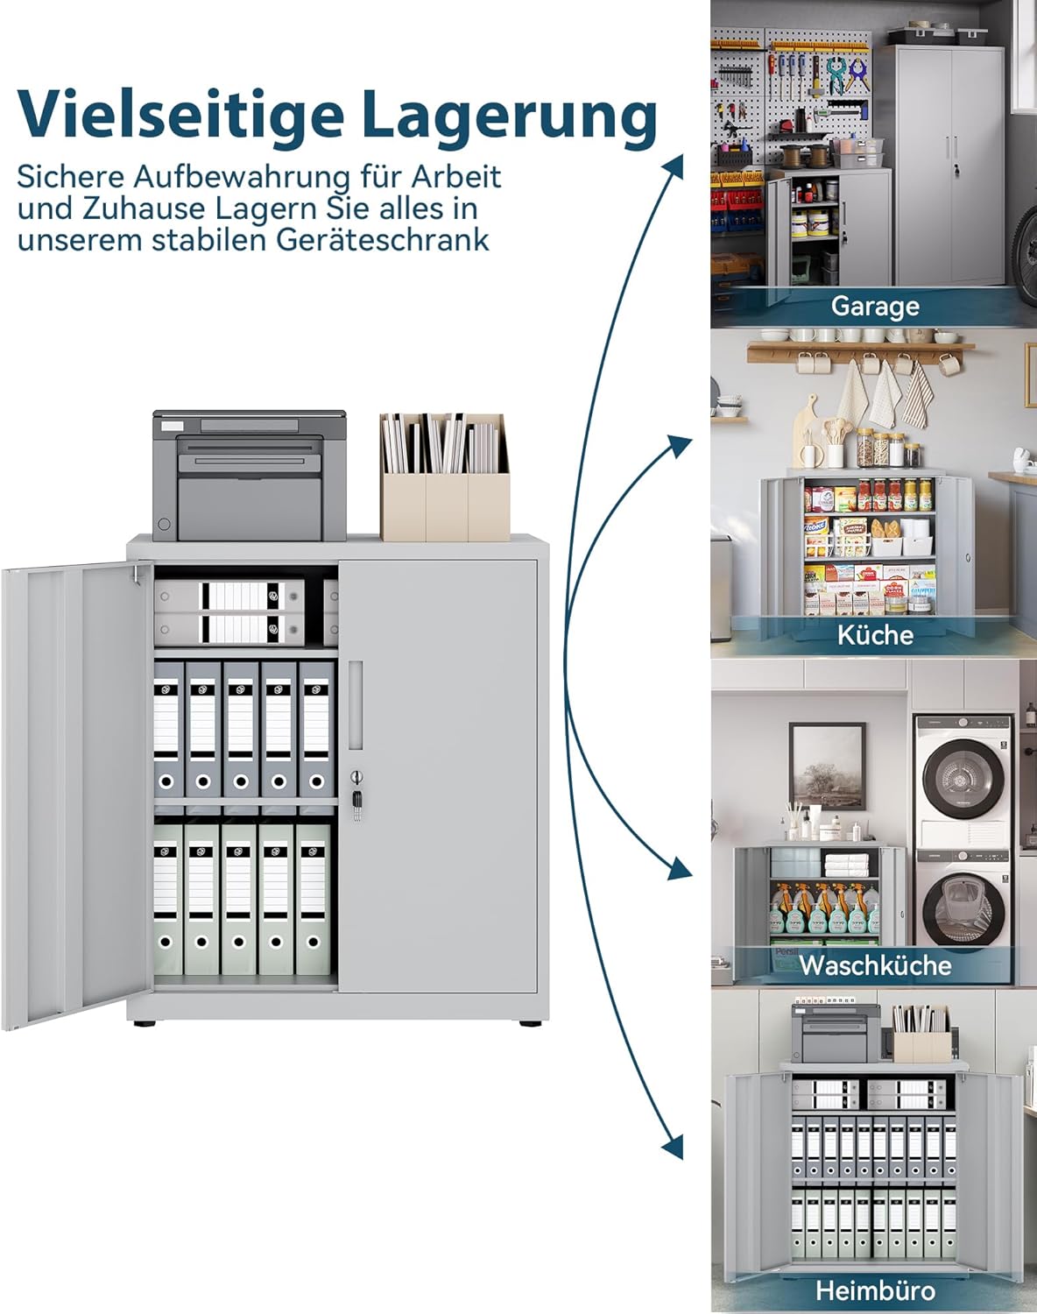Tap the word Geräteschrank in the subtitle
[x=383, y=240]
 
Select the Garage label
[x=875, y=306]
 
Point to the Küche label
[x=875, y=635]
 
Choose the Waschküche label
[x=875, y=965]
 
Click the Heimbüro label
[x=875, y=1291]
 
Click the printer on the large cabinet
[x=249, y=475]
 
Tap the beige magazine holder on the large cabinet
[x=445, y=477]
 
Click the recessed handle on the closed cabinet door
[x=356, y=705]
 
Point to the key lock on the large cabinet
[x=356, y=795]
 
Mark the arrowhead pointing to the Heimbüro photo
[x=674, y=1148]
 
